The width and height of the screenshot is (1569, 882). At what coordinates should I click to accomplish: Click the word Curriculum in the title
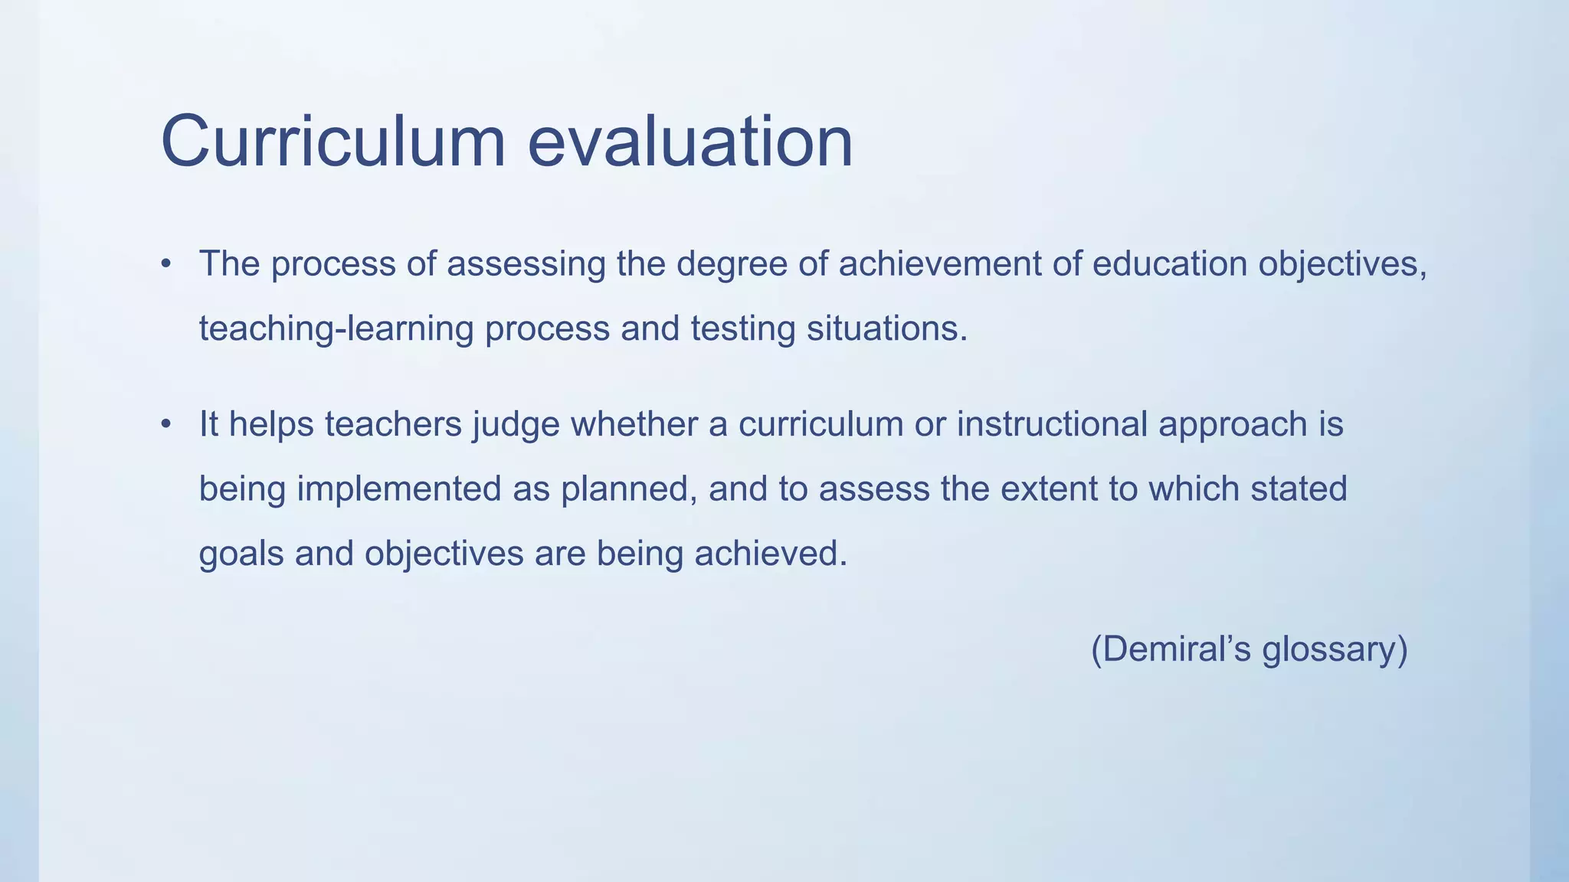[x=333, y=142]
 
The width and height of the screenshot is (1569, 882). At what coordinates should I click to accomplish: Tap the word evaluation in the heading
[x=690, y=142]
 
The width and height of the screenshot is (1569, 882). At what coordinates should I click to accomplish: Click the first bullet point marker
[x=165, y=265]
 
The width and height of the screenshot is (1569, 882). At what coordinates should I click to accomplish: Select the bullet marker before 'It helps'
[x=165, y=426]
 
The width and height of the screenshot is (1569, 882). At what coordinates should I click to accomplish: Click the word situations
[x=887, y=329]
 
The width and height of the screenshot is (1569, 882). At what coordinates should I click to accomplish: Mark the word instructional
[x=1052, y=424]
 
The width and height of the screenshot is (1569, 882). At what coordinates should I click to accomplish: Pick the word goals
[x=241, y=554]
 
